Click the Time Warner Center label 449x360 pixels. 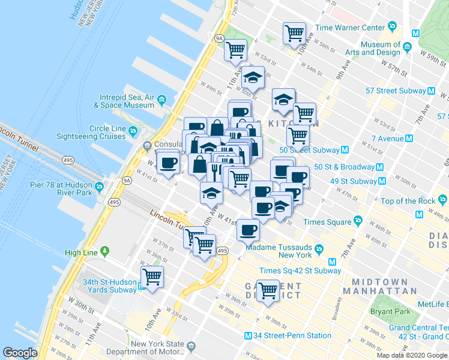(350, 28)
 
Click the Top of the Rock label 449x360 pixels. (407, 201)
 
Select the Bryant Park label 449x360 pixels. (390, 311)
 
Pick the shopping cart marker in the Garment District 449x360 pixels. (268, 291)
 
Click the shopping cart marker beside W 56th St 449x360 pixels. (294, 33)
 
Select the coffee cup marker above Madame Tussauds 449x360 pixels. (248, 229)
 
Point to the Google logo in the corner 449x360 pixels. (20, 353)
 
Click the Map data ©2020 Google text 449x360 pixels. (412, 355)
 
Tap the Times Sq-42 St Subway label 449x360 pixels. (300, 271)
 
